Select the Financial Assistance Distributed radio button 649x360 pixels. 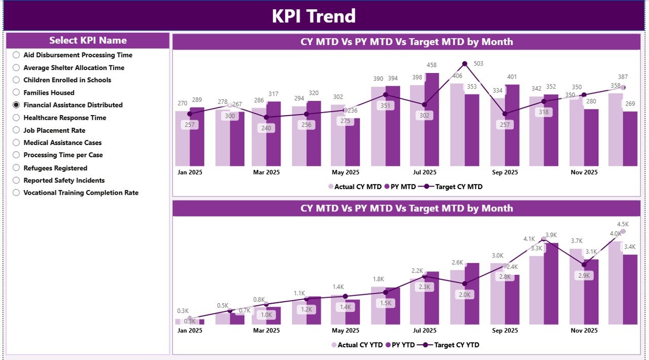[16, 105]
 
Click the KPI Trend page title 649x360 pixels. [313, 16]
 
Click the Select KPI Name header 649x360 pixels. [88, 41]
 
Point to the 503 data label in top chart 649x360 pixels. [478, 63]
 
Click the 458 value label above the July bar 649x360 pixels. [432, 65]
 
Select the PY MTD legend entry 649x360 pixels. [401, 187]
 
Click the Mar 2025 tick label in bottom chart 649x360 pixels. [266, 331]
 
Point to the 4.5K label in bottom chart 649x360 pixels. [623, 224]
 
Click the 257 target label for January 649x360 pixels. [190, 125]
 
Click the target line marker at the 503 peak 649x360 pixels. [464, 64]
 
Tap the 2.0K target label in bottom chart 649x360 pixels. [464, 295]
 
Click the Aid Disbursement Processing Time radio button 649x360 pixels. [16, 55]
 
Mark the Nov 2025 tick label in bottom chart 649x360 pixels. [584, 331]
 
